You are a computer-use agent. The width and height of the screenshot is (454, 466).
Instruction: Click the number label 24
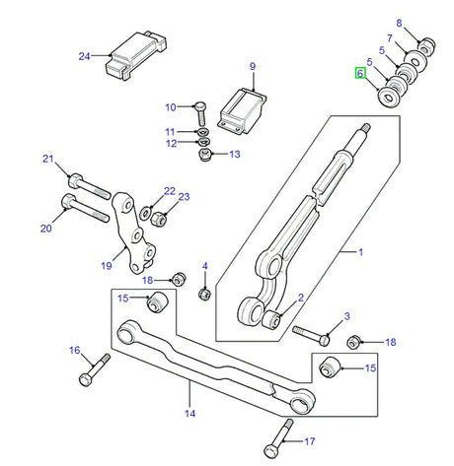pos(84,56)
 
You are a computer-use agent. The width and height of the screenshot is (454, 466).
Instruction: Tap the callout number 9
pos(252,66)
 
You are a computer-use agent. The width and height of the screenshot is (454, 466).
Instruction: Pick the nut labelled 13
pos(204,154)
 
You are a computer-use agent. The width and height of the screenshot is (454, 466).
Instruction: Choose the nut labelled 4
pos(203,293)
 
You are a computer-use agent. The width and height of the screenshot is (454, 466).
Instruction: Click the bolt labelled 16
pos(88,373)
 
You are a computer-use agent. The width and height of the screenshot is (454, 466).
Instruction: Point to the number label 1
pos(360,253)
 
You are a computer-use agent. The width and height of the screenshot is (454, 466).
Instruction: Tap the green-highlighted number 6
pos(359,74)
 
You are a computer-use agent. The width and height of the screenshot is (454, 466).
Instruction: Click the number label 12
pos(169,144)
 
